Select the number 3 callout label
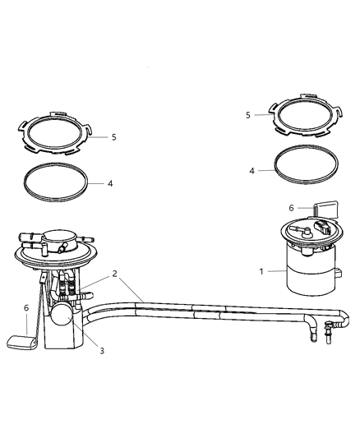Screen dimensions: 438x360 (x=101, y=350)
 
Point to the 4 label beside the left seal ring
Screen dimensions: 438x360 (x=110, y=183)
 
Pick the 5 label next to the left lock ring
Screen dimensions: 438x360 (x=113, y=137)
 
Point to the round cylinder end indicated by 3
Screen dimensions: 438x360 (x=61, y=316)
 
